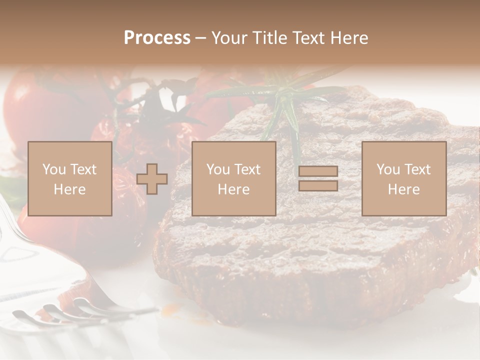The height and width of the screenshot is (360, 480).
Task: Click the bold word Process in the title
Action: pyautogui.click(x=157, y=38)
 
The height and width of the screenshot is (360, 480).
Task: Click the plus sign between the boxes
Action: pyautogui.click(x=152, y=179)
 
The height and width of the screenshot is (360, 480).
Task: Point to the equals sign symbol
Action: pyautogui.click(x=318, y=178)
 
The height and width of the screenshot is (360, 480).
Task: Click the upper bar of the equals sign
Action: pyautogui.click(x=318, y=171)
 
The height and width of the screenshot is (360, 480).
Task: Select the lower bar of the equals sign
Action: pyautogui.click(x=318, y=185)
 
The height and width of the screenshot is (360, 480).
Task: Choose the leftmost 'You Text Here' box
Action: pyautogui.click(x=70, y=178)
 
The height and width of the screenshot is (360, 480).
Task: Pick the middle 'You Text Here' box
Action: pyautogui.click(x=233, y=178)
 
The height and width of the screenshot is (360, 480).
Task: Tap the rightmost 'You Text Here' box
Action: pyautogui.click(x=404, y=178)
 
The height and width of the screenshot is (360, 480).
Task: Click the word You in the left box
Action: pyautogui.click(x=53, y=169)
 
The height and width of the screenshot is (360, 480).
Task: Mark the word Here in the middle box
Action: pyautogui.click(x=233, y=189)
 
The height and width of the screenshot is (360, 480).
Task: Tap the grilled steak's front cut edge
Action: pyautogui.click(x=300, y=280)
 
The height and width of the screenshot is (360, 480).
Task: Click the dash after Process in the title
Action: pyautogui.click(x=200, y=38)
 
